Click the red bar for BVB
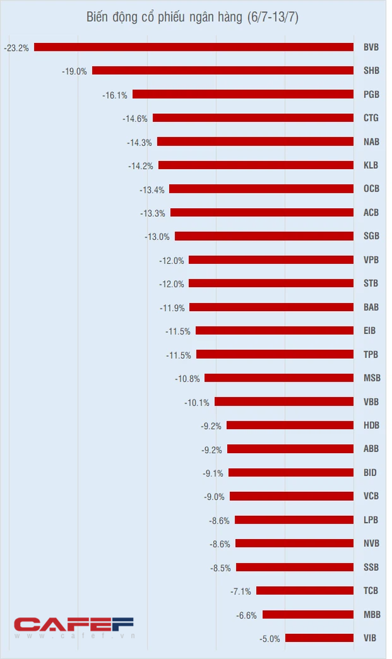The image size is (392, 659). [194, 47]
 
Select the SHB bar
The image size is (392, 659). [222, 70]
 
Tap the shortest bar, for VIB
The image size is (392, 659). [319, 638]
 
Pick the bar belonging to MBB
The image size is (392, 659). [307, 614]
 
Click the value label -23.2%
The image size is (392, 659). [16, 47]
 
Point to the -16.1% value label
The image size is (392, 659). [115, 95]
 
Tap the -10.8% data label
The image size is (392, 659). [187, 378]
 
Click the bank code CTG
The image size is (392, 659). [371, 118]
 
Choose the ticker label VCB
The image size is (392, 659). [371, 496]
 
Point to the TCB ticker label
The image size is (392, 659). [371, 590]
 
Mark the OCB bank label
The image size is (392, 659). [371, 189]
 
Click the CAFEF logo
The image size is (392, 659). [73, 623]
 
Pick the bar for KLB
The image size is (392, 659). [255, 165]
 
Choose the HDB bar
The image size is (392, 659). [290, 425]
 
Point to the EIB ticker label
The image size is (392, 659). [371, 331]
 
